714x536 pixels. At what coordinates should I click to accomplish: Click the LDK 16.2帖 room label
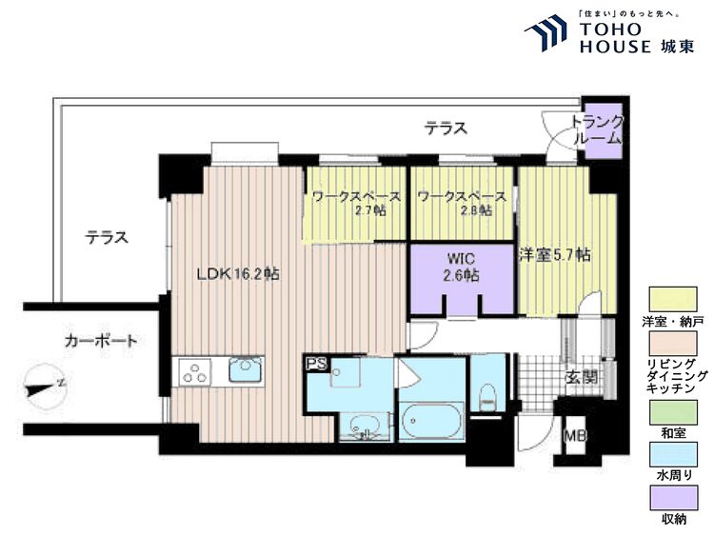237,274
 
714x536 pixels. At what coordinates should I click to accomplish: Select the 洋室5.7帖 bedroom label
554,255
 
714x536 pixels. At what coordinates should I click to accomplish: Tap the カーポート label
101,340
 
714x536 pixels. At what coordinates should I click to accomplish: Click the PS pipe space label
315,364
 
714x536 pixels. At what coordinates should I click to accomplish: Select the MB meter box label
574,436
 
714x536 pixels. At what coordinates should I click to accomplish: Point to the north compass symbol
43,387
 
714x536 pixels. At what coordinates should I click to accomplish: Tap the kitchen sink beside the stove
245,369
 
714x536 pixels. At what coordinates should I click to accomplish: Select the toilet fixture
488,398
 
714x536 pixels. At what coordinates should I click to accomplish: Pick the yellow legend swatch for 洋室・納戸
673,299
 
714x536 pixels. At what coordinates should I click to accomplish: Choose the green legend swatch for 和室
673,413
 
